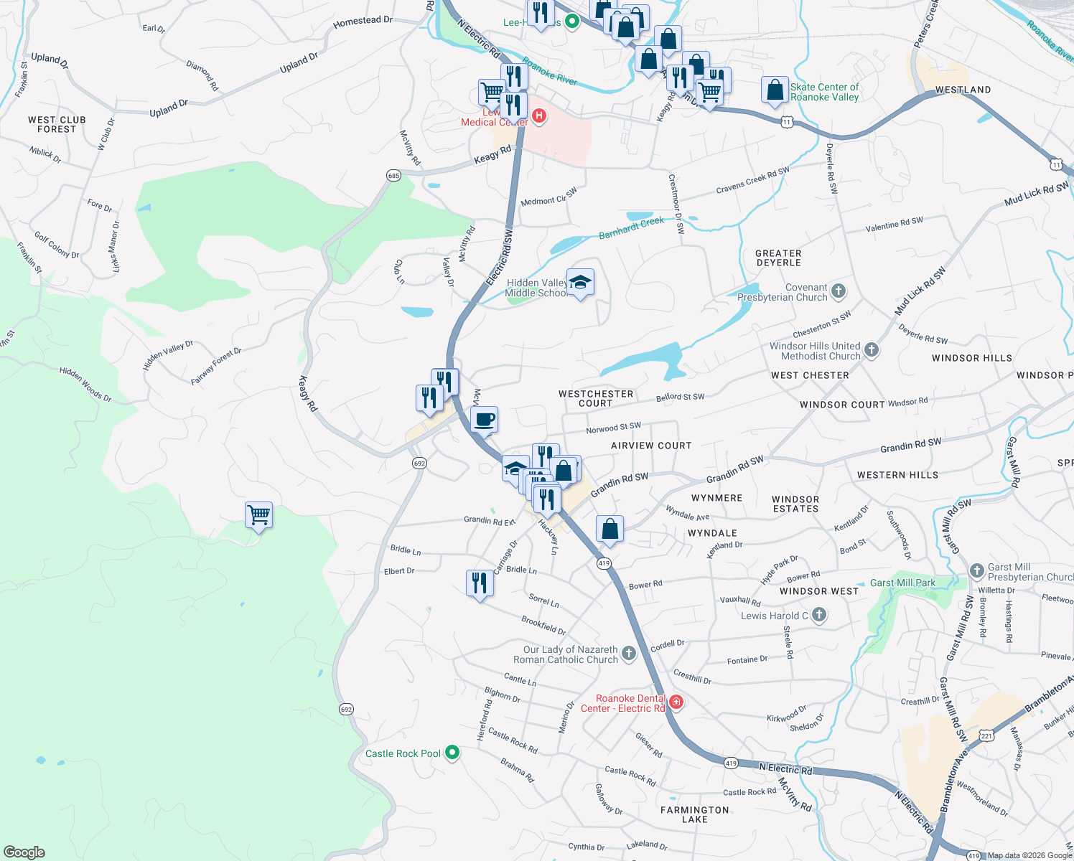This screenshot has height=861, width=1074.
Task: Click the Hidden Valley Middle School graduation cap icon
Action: pyautogui.click(x=580, y=282)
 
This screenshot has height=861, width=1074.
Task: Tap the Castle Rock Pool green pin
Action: pyautogui.click(x=452, y=753)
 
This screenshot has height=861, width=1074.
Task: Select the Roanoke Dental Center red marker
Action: pyautogui.click(x=676, y=702)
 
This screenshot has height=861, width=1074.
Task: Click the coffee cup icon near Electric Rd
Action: pyautogui.click(x=485, y=419)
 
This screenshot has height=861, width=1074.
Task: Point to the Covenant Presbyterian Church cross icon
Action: pyautogui.click(x=839, y=291)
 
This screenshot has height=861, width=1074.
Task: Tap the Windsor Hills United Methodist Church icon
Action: pyautogui.click(x=872, y=350)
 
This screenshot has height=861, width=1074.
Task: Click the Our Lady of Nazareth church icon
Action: pyautogui.click(x=629, y=653)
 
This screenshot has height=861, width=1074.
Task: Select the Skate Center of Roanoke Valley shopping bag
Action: pyautogui.click(x=775, y=91)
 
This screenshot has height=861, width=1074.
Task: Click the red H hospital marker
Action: pyautogui.click(x=539, y=116)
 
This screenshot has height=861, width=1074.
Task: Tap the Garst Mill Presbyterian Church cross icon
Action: pyautogui.click(x=976, y=570)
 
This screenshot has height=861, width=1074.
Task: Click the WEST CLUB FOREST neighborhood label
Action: pyautogui.click(x=57, y=125)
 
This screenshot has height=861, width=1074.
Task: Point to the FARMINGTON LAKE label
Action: pyautogui.click(x=694, y=814)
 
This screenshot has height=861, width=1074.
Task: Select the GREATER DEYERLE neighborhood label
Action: pyautogui.click(x=778, y=258)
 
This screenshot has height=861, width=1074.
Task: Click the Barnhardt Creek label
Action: pyautogui.click(x=632, y=228)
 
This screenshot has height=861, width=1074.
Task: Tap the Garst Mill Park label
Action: pyautogui.click(x=902, y=583)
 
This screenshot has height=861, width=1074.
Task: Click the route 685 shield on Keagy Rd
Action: pyautogui.click(x=393, y=176)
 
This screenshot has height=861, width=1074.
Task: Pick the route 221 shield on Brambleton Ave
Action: pyautogui.click(x=986, y=736)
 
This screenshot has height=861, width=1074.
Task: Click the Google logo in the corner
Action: pyautogui.click(x=24, y=852)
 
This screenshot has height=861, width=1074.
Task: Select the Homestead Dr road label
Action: pyautogui.click(x=363, y=22)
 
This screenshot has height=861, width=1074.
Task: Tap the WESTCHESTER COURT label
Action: pyautogui.click(x=596, y=399)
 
